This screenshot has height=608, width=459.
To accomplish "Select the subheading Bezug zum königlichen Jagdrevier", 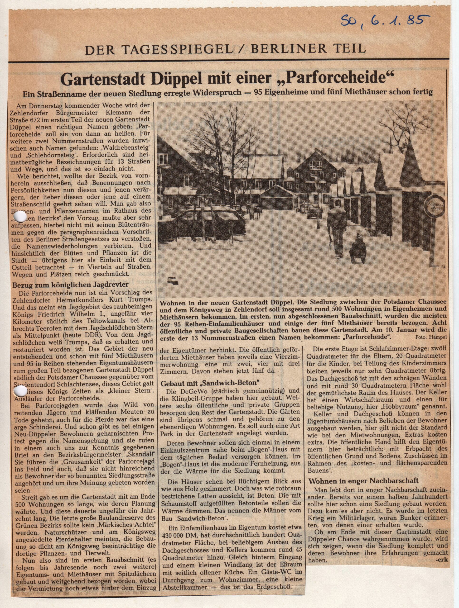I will click(67, 285).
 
